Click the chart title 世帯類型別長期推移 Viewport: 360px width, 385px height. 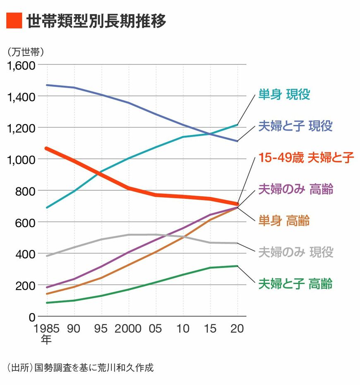coord(96,21)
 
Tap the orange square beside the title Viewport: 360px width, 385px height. coord(14,21)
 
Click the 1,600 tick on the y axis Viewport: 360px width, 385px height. coord(20,65)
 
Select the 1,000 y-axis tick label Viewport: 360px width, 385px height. coord(20,159)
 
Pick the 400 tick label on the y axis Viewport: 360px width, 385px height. coord(25,253)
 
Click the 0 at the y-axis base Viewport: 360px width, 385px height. coord(31,317)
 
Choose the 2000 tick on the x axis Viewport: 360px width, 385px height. coord(128,328)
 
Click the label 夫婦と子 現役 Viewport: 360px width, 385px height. coord(295,126)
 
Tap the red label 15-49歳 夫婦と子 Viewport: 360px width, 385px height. coord(306,158)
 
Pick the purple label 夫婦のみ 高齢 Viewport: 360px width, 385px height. coord(295,189)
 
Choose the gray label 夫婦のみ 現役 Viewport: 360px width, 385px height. coord(295,252)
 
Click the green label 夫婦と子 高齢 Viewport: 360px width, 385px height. coord(295,284)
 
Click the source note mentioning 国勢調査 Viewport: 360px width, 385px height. coord(80,367)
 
